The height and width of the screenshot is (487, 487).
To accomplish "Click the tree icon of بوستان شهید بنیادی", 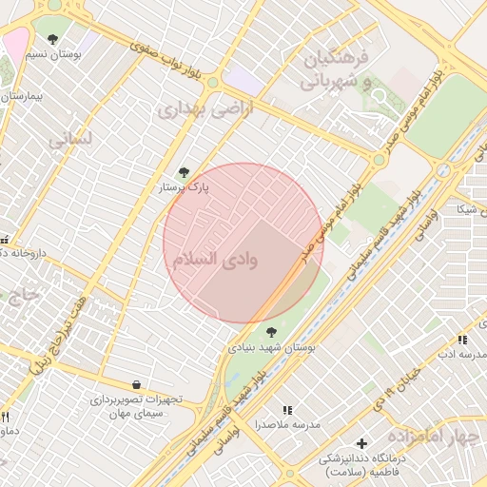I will click(272, 332).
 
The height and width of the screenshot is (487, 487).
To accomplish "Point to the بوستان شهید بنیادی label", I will click(271, 348).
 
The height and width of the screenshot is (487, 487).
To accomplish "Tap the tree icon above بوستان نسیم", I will click(51, 39).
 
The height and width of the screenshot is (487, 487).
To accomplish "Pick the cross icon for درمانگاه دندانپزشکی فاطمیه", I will click(361, 443).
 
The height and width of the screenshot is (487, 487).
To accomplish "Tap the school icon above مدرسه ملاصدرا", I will click(288, 409).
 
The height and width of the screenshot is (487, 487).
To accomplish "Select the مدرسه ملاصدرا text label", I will click(288, 423).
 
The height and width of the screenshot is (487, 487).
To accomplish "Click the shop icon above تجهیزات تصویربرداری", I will click(138, 384).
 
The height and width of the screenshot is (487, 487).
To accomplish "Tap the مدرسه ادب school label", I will click(461, 354).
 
